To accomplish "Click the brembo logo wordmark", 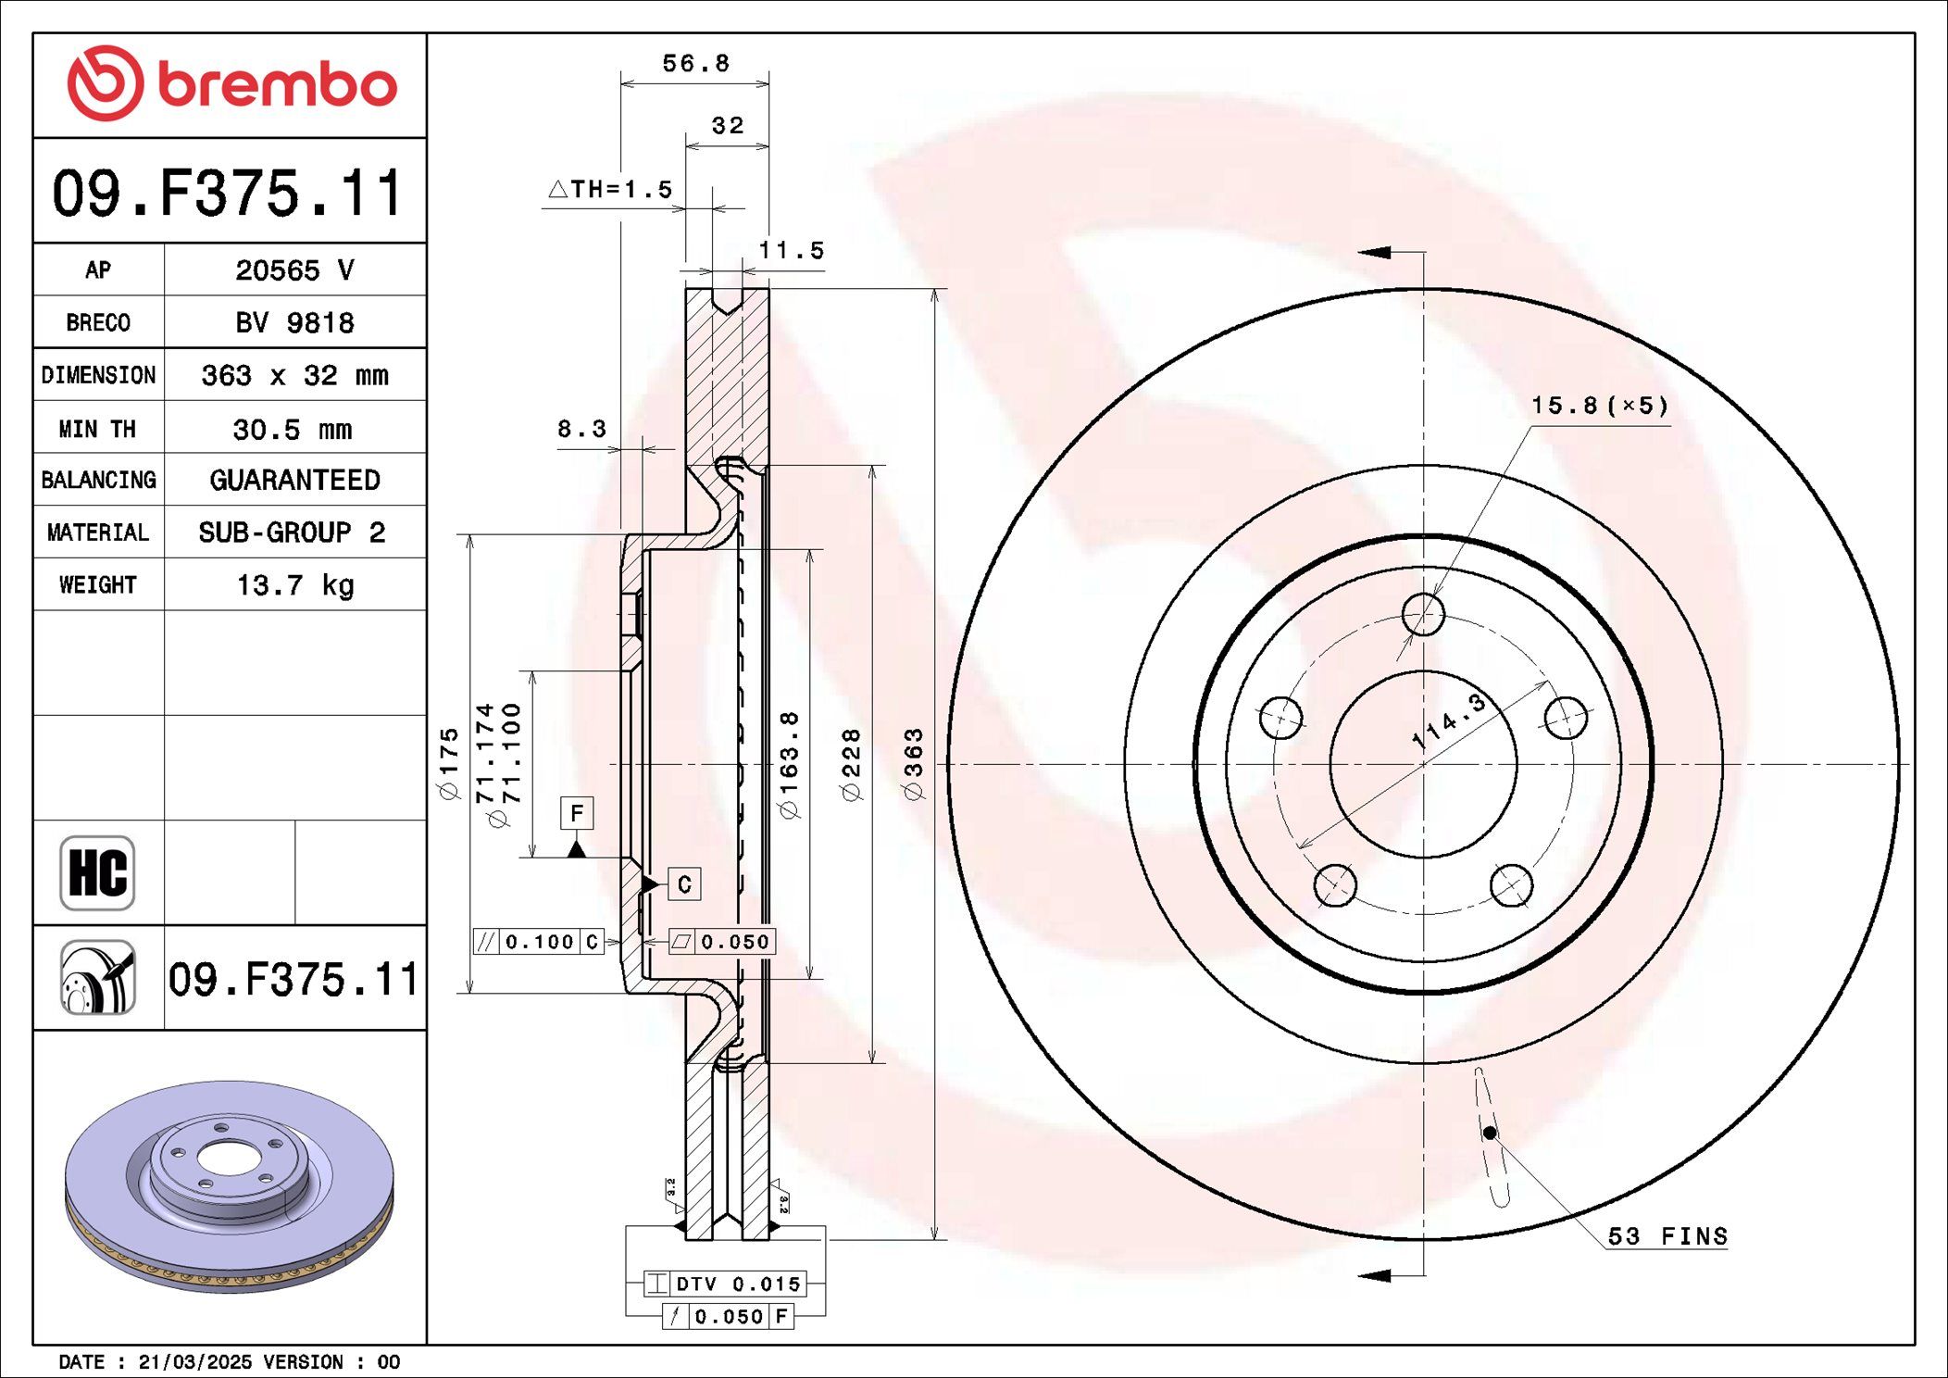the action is (x=278, y=85).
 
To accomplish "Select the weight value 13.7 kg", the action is (x=295, y=585).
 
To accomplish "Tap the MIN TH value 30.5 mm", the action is (x=293, y=429).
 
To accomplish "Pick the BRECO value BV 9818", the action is (x=294, y=322).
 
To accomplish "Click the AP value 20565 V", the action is (x=294, y=269).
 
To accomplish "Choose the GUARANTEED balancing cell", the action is (x=294, y=480).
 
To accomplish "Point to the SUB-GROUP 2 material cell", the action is (x=292, y=532).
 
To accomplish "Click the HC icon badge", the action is (x=97, y=873).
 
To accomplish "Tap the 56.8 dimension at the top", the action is (x=696, y=63).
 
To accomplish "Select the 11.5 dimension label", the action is (x=792, y=250).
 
